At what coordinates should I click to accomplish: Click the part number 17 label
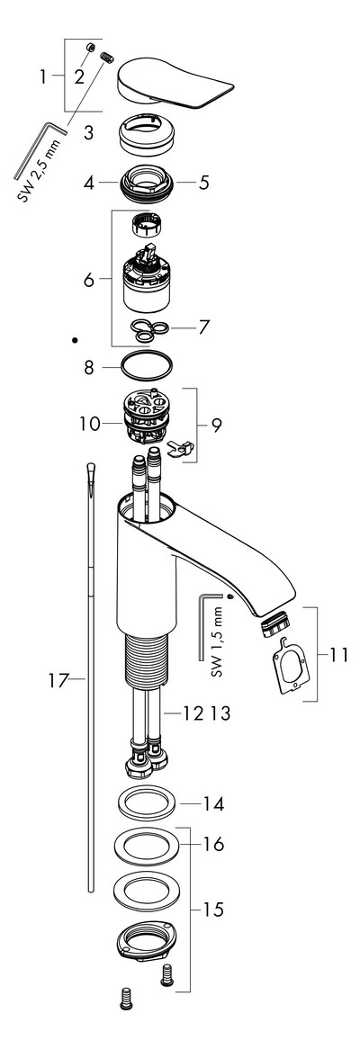point(58,681)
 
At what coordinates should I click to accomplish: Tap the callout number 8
point(89,367)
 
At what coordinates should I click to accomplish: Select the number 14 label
point(215,803)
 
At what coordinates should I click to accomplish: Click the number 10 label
point(90,424)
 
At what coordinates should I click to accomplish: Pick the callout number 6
point(89,280)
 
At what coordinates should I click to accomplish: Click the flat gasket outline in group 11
point(291,659)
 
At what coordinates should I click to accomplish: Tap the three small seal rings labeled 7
point(148,327)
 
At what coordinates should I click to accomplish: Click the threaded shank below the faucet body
point(145,659)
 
